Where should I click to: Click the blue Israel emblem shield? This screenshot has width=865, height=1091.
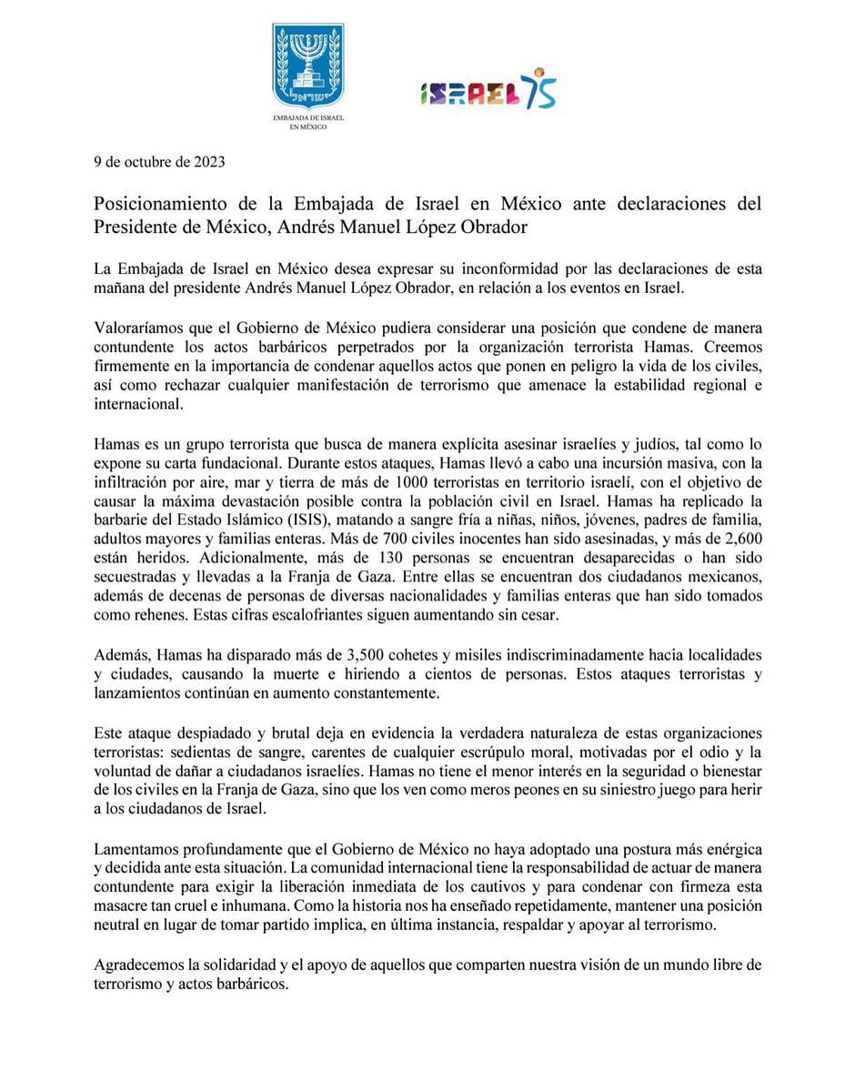[x=308, y=66]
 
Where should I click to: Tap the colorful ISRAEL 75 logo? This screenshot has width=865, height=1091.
[x=488, y=89]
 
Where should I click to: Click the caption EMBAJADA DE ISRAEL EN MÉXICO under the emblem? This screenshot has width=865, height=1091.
[x=308, y=123]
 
